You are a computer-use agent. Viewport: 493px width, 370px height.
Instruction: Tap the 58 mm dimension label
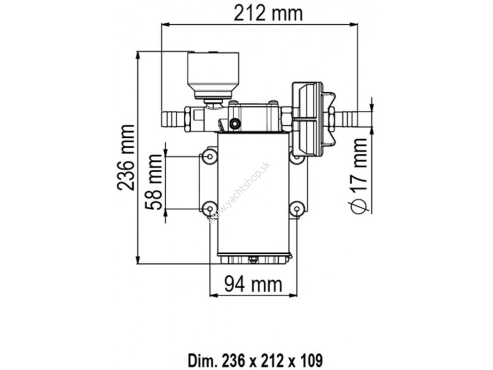[x=155, y=183]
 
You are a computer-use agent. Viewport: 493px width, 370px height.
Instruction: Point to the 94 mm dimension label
[x=253, y=284]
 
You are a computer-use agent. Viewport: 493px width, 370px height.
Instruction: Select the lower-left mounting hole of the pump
[x=208, y=208]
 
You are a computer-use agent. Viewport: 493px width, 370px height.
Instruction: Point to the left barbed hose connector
[x=173, y=118]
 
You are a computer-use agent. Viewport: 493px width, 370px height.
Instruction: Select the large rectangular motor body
[x=254, y=193]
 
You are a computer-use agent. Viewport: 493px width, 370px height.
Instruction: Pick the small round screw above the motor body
[x=235, y=124]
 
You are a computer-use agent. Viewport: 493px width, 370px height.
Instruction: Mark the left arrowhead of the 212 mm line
[x=163, y=25]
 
